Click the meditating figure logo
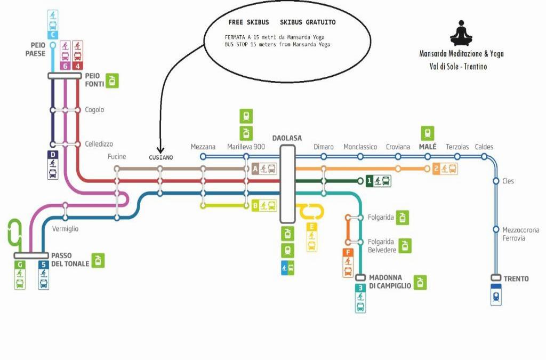click(x=461, y=33)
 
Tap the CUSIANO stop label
click(x=160, y=157)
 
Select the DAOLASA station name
click(x=287, y=138)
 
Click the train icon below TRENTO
click(x=496, y=295)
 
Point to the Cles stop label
click(x=508, y=181)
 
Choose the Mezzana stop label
click(x=203, y=147)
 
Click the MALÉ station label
click(x=428, y=147)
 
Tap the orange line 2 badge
click(x=436, y=169)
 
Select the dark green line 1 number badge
click(x=369, y=181)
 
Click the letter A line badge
click(x=255, y=169)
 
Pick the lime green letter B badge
click(x=255, y=205)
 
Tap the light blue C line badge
click(x=53, y=35)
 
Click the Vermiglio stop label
click(x=66, y=229)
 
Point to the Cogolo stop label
click(x=94, y=110)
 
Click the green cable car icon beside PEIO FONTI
click(x=112, y=81)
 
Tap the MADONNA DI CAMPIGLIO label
click(x=390, y=282)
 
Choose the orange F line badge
click(x=348, y=252)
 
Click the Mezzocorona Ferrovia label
click(x=520, y=234)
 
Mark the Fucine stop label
click(x=117, y=156)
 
